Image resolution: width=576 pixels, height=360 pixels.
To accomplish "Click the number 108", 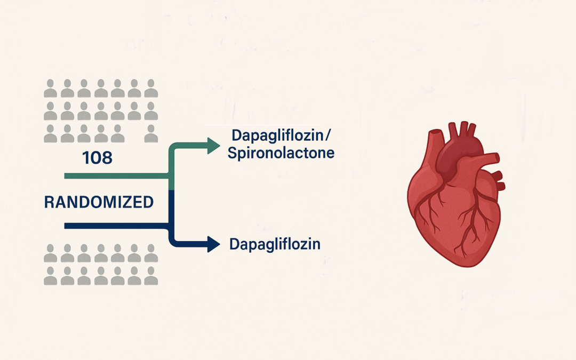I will [x=98, y=158].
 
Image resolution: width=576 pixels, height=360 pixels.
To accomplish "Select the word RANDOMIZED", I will [x=99, y=202].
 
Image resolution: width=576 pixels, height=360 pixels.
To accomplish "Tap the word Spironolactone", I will [x=281, y=154].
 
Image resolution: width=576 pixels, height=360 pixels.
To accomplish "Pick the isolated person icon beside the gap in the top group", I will [x=151, y=133].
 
